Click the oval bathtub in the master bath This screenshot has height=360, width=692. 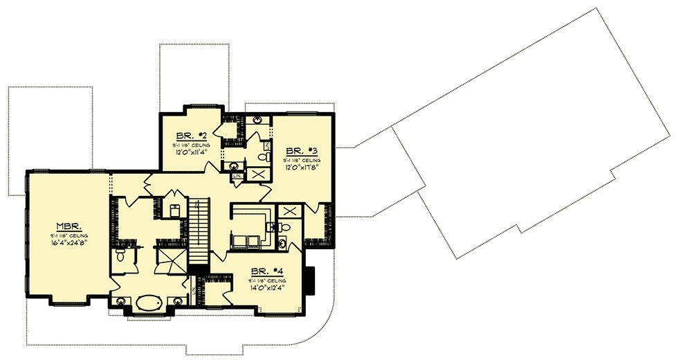[x=148, y=303]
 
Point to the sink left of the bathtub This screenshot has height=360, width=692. [x=121, y=301]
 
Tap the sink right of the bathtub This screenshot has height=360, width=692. [x=177, y=301]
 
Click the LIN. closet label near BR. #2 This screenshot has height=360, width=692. [x=237, y=177]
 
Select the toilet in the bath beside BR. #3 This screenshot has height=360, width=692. [x=262, y=157]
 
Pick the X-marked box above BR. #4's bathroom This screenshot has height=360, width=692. [x=289, y=211]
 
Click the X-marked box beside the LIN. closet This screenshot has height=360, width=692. [x=256, y=174]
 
